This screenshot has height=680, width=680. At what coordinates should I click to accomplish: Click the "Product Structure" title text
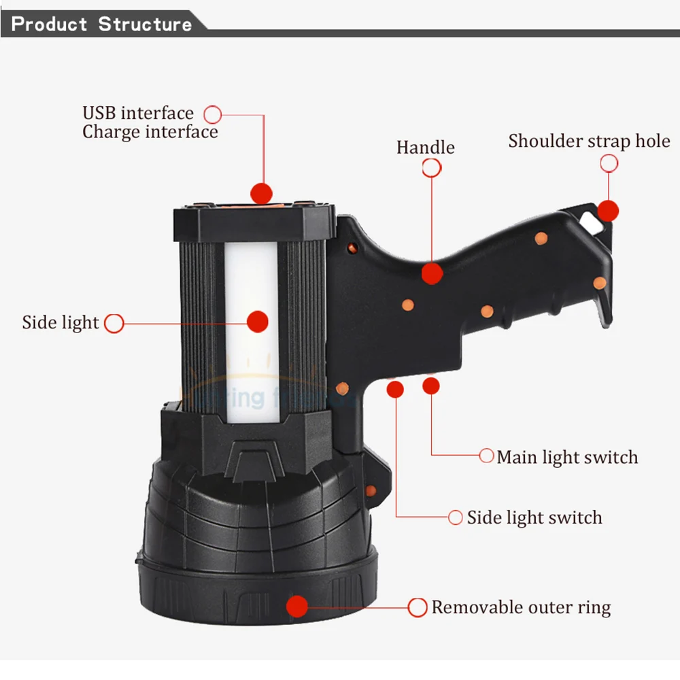102,24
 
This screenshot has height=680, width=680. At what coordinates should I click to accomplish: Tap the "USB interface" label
138,113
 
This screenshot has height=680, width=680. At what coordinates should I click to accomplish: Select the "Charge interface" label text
150,131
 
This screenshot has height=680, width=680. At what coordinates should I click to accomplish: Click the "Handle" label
426,147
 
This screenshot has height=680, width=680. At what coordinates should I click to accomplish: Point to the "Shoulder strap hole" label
589,141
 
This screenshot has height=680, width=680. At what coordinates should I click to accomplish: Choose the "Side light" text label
61,322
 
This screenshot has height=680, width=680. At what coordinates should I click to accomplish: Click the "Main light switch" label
567,457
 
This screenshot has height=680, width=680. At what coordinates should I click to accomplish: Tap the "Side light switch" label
534,517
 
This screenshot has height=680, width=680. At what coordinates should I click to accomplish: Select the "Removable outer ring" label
521,607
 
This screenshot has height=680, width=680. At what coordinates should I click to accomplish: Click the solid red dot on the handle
432,273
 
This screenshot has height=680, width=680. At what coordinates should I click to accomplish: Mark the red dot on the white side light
257,322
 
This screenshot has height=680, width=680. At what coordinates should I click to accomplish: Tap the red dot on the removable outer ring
297,605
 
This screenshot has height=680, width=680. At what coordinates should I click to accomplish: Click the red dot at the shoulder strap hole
608,211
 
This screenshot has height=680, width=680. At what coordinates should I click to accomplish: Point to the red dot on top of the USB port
261,192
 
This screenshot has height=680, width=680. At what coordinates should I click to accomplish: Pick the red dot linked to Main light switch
430,386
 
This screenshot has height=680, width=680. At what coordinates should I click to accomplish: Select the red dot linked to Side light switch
394,388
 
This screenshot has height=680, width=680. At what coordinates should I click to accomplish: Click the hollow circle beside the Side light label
114,324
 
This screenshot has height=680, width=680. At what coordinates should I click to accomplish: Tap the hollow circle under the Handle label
431,168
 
